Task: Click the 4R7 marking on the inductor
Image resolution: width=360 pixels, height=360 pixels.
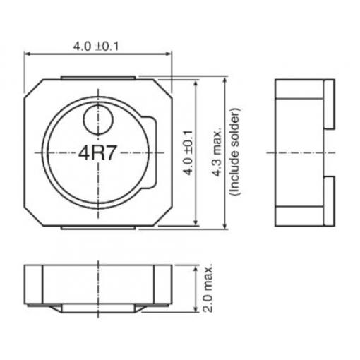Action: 97,153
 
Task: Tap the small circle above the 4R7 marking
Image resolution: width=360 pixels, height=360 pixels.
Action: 98,120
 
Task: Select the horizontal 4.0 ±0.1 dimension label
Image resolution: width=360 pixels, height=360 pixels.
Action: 96,46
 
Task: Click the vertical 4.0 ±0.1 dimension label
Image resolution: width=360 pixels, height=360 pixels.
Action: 188,153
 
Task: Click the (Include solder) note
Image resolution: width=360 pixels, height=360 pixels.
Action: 235,152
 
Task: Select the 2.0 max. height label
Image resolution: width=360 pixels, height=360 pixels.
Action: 208,289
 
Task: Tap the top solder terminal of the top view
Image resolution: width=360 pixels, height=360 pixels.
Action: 98,78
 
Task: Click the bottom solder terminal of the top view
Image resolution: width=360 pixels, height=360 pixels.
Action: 98,228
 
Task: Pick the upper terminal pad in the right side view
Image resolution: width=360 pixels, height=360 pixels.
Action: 329,104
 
